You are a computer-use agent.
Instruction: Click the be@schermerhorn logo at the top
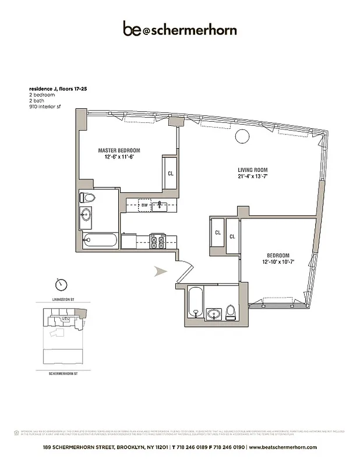coord(179,29)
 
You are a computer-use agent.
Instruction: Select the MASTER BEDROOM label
coord(118,150)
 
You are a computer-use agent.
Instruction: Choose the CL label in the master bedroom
coord(170,173)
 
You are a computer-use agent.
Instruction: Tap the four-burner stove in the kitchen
coord(157,241)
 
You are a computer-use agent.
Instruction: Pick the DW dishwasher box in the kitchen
coord(144,204)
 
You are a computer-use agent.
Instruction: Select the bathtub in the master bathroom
coord(100,240)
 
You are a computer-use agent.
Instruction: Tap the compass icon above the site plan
coord(61,285)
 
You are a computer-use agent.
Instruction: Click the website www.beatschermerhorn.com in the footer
coord(283,447)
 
